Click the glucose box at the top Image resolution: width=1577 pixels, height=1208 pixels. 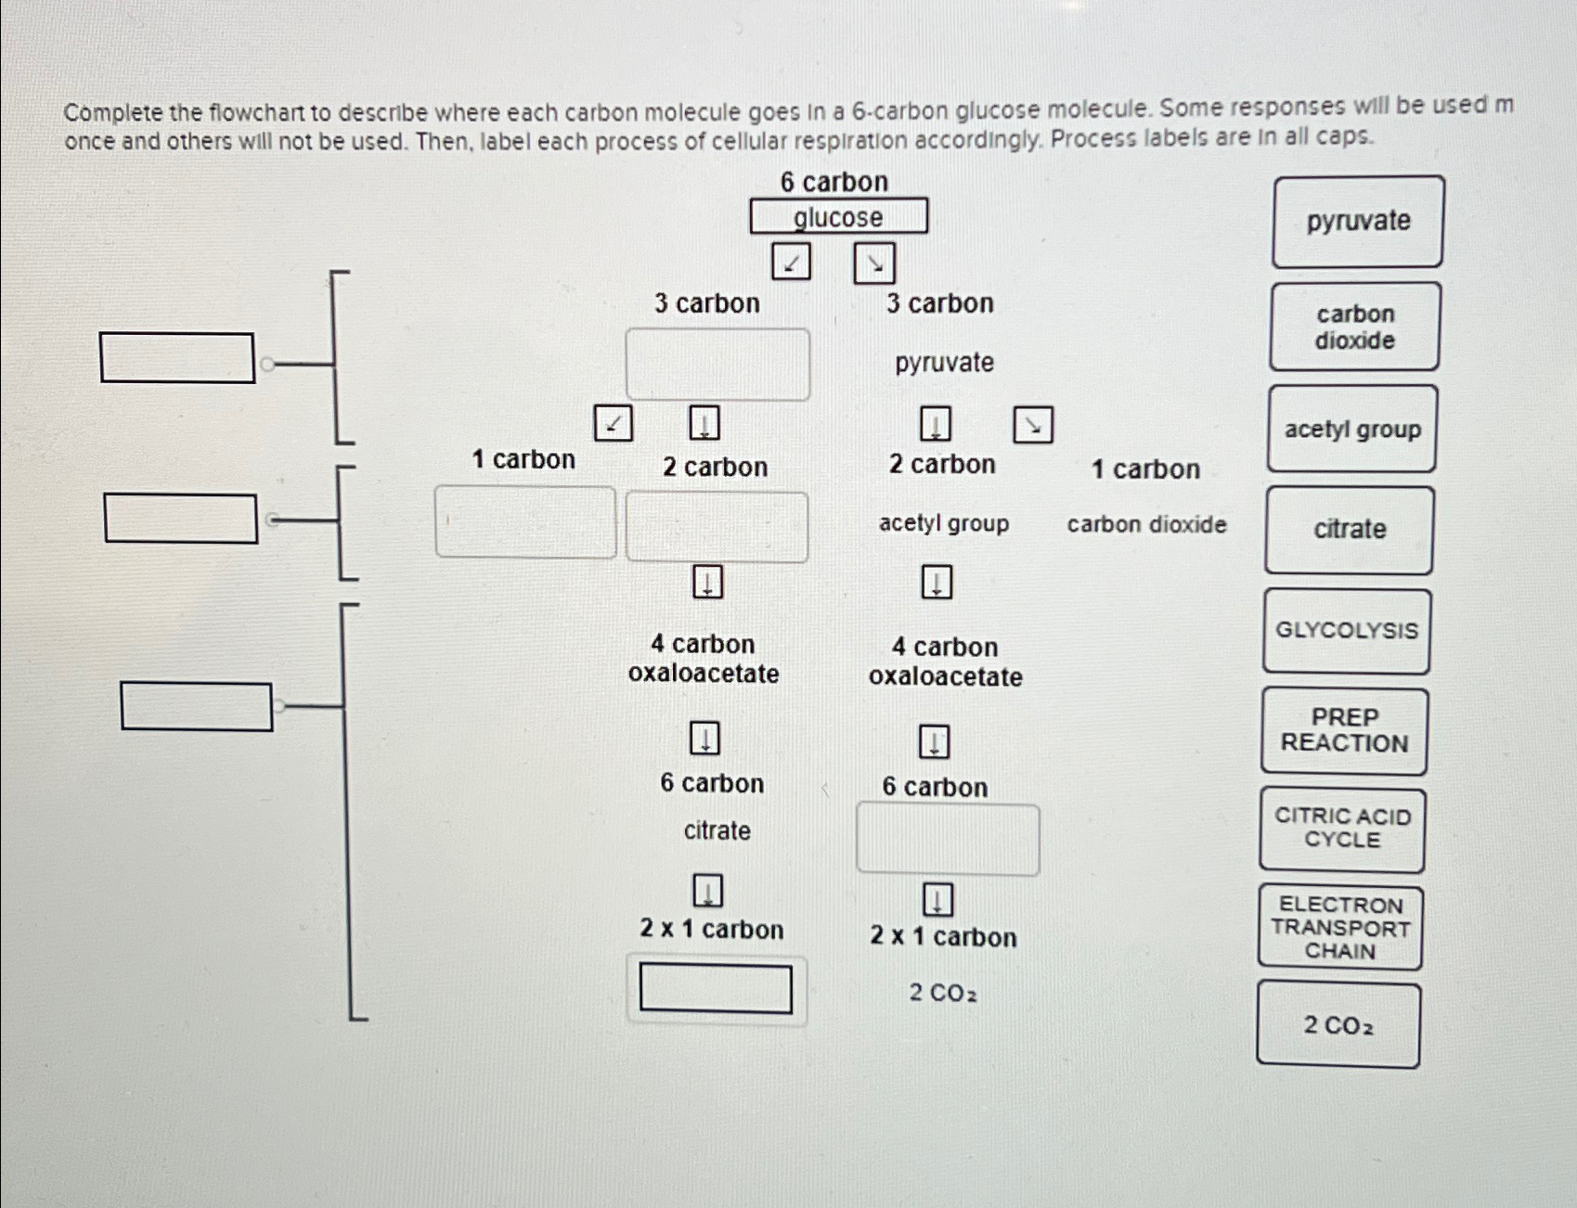[838, 216]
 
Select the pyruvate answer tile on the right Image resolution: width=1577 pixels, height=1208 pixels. [1358, 222]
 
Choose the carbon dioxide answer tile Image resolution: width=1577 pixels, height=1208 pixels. [1354, 328]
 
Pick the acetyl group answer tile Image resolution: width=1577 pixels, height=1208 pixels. [1352, 430]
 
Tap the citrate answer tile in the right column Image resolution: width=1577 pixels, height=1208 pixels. [1349, 530]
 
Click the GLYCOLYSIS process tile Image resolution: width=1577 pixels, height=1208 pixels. [1346, 631]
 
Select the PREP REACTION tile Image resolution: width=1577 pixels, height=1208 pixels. [1344, 731]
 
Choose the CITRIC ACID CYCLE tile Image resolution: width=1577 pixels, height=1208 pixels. [1342, 829]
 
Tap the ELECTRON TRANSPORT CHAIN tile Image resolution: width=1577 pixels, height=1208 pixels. [1340, 928]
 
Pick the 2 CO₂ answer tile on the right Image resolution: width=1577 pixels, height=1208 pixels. [1338, 1025]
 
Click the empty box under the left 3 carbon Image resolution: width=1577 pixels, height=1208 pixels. [717, 365]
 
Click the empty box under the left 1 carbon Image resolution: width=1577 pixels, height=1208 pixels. [525, 522]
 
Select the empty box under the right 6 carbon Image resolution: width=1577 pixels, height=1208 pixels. [948, 839]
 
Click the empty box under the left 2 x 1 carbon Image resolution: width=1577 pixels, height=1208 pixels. [716, 989]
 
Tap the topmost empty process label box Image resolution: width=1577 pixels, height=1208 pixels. [177, 358]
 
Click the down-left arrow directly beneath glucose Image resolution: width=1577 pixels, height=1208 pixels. [791, 263]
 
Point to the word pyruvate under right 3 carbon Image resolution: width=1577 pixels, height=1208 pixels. [944, 363]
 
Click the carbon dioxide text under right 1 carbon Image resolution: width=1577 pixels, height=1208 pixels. [1146, 525]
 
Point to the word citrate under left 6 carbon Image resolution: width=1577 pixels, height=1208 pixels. [717, 830]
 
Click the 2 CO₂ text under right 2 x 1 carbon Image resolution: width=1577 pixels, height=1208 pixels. [942, 994]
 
